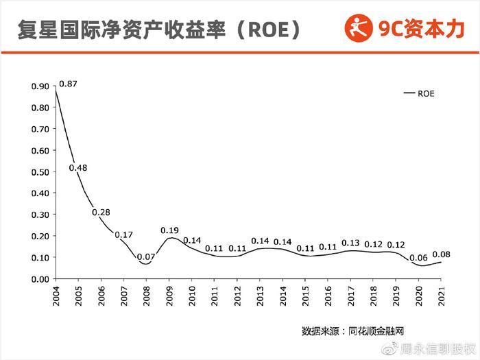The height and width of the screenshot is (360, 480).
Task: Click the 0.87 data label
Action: click(x=68, y=84)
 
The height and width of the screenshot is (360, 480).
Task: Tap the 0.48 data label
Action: click(x=79, y=168)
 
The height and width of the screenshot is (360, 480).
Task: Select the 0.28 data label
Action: click(x=101, y=212)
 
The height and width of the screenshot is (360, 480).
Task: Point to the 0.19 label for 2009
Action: click(x=169, y=230)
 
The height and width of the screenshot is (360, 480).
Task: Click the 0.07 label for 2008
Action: click(x=146, y=257)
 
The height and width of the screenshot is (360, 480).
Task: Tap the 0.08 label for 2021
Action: click(x=441, y=254)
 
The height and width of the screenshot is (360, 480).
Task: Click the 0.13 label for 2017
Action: click(x=350, y=243)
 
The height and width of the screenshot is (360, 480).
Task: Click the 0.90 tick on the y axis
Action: click(x=40, y=86)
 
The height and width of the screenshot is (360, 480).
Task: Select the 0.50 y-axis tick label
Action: click(x=40, y=172)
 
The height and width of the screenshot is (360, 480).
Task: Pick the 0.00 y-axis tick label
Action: click(x=40, y=279)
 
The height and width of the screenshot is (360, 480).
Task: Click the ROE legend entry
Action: click(x=420, y=93)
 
